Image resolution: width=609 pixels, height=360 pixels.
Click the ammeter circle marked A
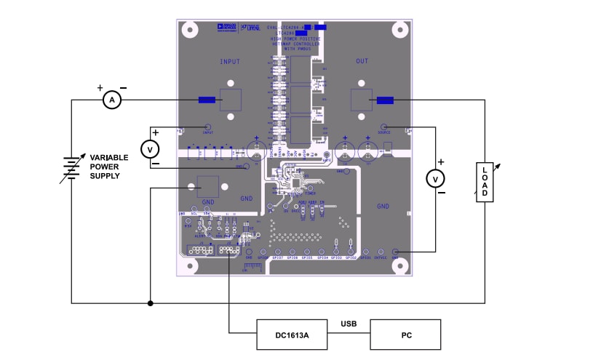(111, 100)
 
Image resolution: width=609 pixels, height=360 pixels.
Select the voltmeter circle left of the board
(150, 149)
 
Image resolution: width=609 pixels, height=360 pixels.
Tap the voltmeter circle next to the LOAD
(435, 178)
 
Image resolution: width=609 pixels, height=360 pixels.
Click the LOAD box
(485, 181)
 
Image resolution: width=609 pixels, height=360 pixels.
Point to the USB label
(350, 324)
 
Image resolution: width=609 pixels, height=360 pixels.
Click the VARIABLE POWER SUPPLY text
(109, 167)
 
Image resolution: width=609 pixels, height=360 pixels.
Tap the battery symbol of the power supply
(70, 167)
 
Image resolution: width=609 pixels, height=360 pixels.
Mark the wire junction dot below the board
(150, 303)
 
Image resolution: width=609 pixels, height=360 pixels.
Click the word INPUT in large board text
(230, 62)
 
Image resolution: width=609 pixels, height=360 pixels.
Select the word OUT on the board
(362, 62)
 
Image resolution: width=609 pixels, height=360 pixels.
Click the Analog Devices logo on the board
(226, 26)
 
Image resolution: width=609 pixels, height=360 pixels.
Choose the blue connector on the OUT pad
(385, 100)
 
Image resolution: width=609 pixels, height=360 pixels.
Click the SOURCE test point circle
(384, 126)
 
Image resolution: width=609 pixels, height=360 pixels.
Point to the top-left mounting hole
(191, 30)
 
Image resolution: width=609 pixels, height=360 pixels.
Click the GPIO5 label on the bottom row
(307, 258)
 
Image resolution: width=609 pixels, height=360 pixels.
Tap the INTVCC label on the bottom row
(381, 258)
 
